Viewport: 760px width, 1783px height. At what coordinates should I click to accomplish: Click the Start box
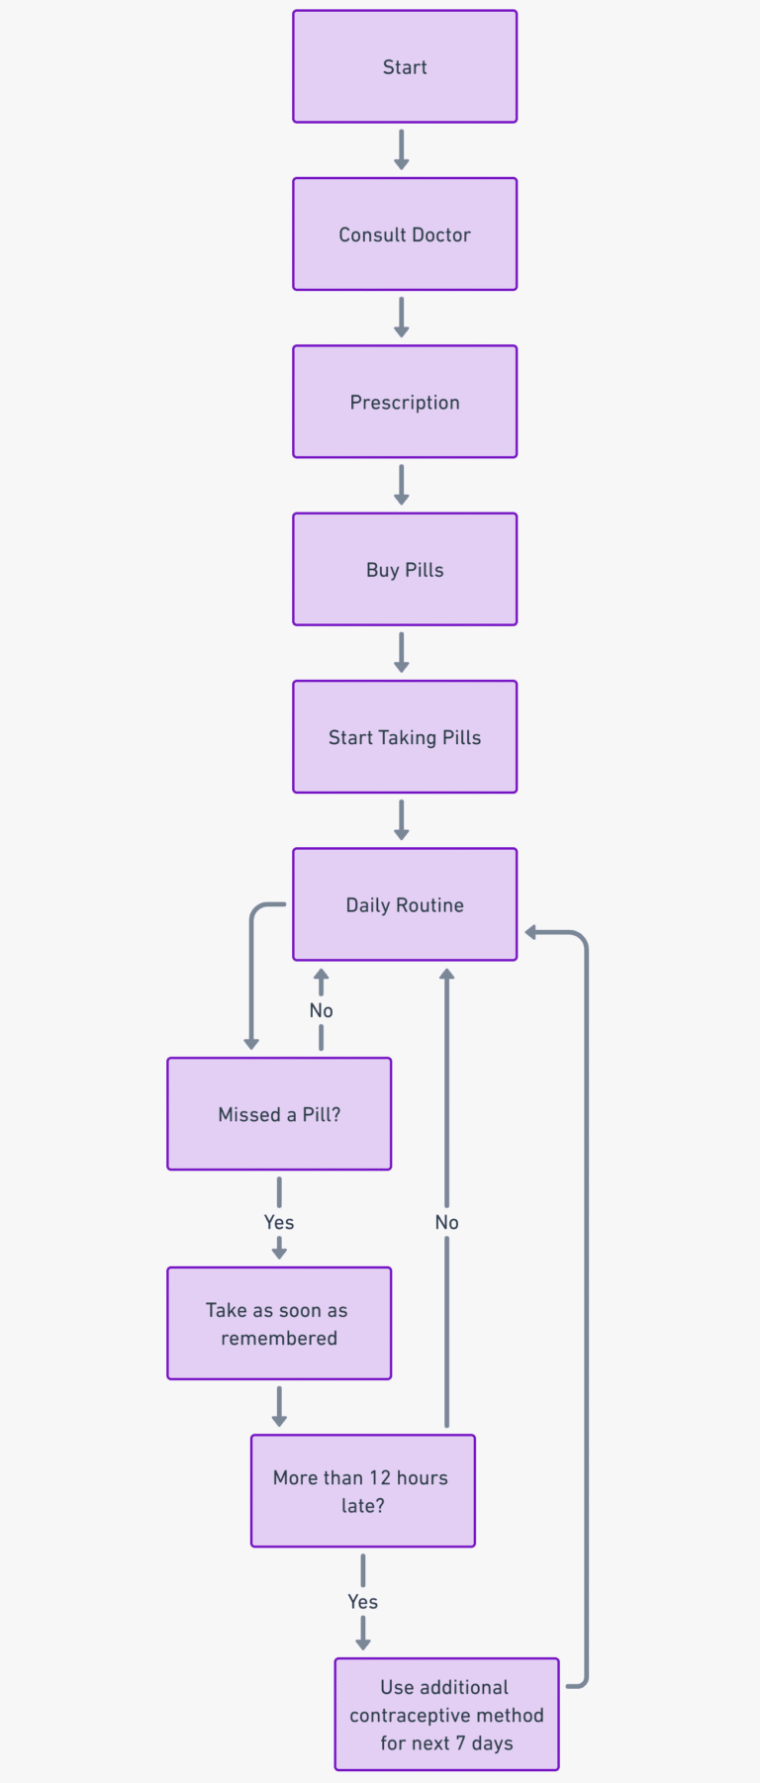pos(405,67)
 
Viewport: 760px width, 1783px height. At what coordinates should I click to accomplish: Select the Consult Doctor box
pos(405,235)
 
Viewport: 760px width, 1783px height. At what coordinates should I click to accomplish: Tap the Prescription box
pos(405,402)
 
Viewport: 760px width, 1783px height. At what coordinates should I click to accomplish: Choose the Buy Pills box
pos(405,569)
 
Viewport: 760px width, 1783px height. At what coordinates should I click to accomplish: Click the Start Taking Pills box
pos(405,737)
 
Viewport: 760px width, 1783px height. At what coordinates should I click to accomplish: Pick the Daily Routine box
pos(405,904)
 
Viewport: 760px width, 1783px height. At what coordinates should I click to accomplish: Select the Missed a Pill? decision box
pos(279,1114)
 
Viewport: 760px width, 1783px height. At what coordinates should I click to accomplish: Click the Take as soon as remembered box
pos(279,1324)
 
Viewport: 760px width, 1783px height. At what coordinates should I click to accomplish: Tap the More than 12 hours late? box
pos(362,1491)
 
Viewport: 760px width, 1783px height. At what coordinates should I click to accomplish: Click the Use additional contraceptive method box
pos(446,1715)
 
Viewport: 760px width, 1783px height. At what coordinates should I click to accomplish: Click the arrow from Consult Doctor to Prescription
pos(402,318)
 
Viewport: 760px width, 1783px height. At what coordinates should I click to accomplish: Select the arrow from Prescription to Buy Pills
pos(402,485)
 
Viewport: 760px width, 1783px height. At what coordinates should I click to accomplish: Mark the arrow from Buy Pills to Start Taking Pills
pos(402,653)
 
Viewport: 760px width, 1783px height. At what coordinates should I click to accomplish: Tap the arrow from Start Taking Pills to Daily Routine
pos(402,820)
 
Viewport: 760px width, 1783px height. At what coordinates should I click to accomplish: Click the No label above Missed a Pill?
pos(321,1010)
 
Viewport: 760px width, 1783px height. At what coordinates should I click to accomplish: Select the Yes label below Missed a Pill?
pos(279,1222)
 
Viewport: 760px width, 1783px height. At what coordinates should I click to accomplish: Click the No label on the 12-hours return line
pos(446,1222)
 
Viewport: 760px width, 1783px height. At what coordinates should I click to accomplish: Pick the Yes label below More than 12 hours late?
pos(362,1601)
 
